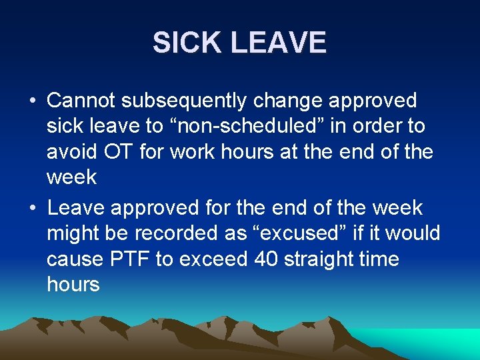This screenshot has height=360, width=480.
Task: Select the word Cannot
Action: pos(83,101)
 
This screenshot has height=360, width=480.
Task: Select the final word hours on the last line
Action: pos(73,285)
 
